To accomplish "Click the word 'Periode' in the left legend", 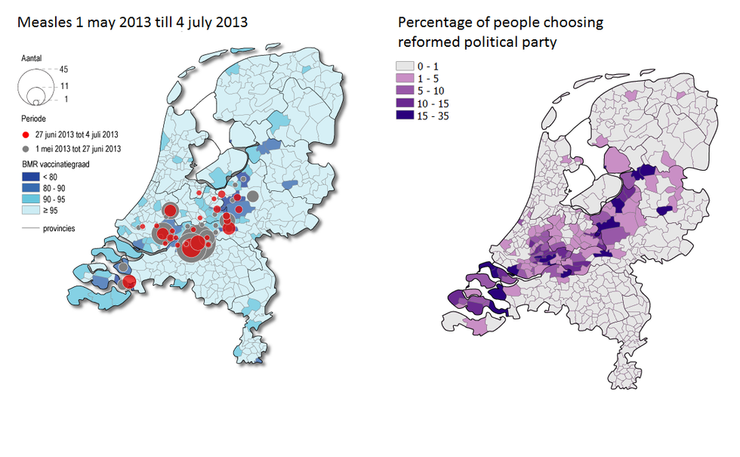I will (35, 119).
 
